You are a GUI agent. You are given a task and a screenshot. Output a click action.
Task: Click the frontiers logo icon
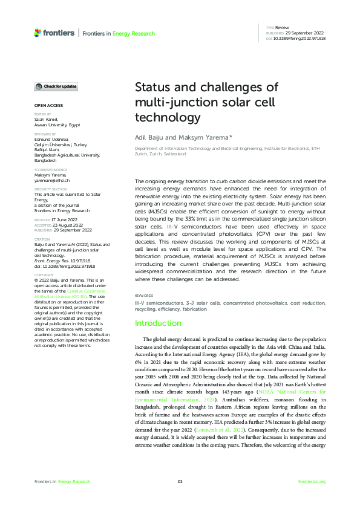point(38,33)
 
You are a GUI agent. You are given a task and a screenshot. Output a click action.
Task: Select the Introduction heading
point(158,323)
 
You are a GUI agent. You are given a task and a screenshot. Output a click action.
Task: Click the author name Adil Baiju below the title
point(147,138)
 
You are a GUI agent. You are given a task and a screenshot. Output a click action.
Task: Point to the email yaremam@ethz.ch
point(51,181)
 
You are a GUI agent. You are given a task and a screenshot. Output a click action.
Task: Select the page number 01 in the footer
point(180,481)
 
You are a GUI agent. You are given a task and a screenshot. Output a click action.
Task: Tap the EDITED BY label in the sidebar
point(42,114)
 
